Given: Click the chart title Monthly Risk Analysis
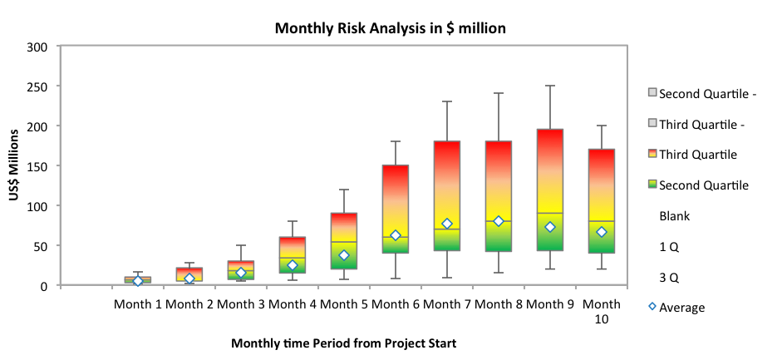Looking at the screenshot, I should (391, 28).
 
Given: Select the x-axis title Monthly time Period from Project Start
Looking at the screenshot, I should (343, 343).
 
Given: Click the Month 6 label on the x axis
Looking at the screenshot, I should (396, 304).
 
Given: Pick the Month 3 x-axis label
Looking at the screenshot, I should (241, 304).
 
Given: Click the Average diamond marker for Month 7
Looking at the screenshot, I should (446, 224).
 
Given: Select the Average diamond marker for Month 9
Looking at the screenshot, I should (549, 227).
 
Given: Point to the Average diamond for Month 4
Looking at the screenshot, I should (292, 265).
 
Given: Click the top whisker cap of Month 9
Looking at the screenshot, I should (549, 86).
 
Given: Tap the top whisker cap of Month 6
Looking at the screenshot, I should (396, 142).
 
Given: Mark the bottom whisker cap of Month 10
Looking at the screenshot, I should (601, 269).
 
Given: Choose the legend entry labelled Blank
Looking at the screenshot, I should (674, 216).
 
